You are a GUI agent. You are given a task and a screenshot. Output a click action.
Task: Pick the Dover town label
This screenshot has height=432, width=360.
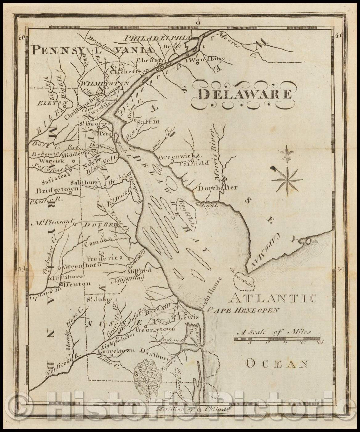[96, 225]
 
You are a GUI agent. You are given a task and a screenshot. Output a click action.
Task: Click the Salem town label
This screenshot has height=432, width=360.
[147, 121]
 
